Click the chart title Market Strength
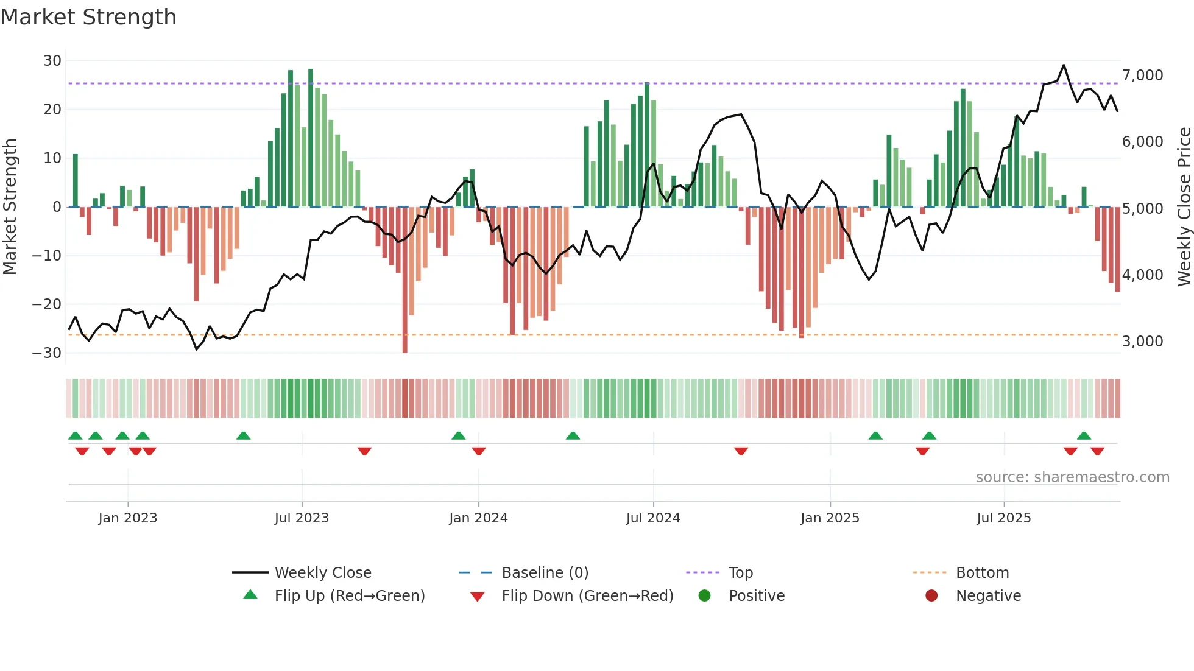(88, 17)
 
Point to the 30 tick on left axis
(52, 61)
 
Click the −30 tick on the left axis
(47, 353)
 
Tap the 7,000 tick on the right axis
(1142, 76)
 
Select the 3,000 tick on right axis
(1142, 342)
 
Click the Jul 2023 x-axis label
(302, 518)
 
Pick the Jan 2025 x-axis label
(830, 518)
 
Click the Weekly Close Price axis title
(1184, 207)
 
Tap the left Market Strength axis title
(10, 207)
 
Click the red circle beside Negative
(931, 595)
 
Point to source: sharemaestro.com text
(1072, 477)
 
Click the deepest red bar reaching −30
(405, 286)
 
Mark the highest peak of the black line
(1064, 65)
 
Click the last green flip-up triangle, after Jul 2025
(1084, 435)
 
